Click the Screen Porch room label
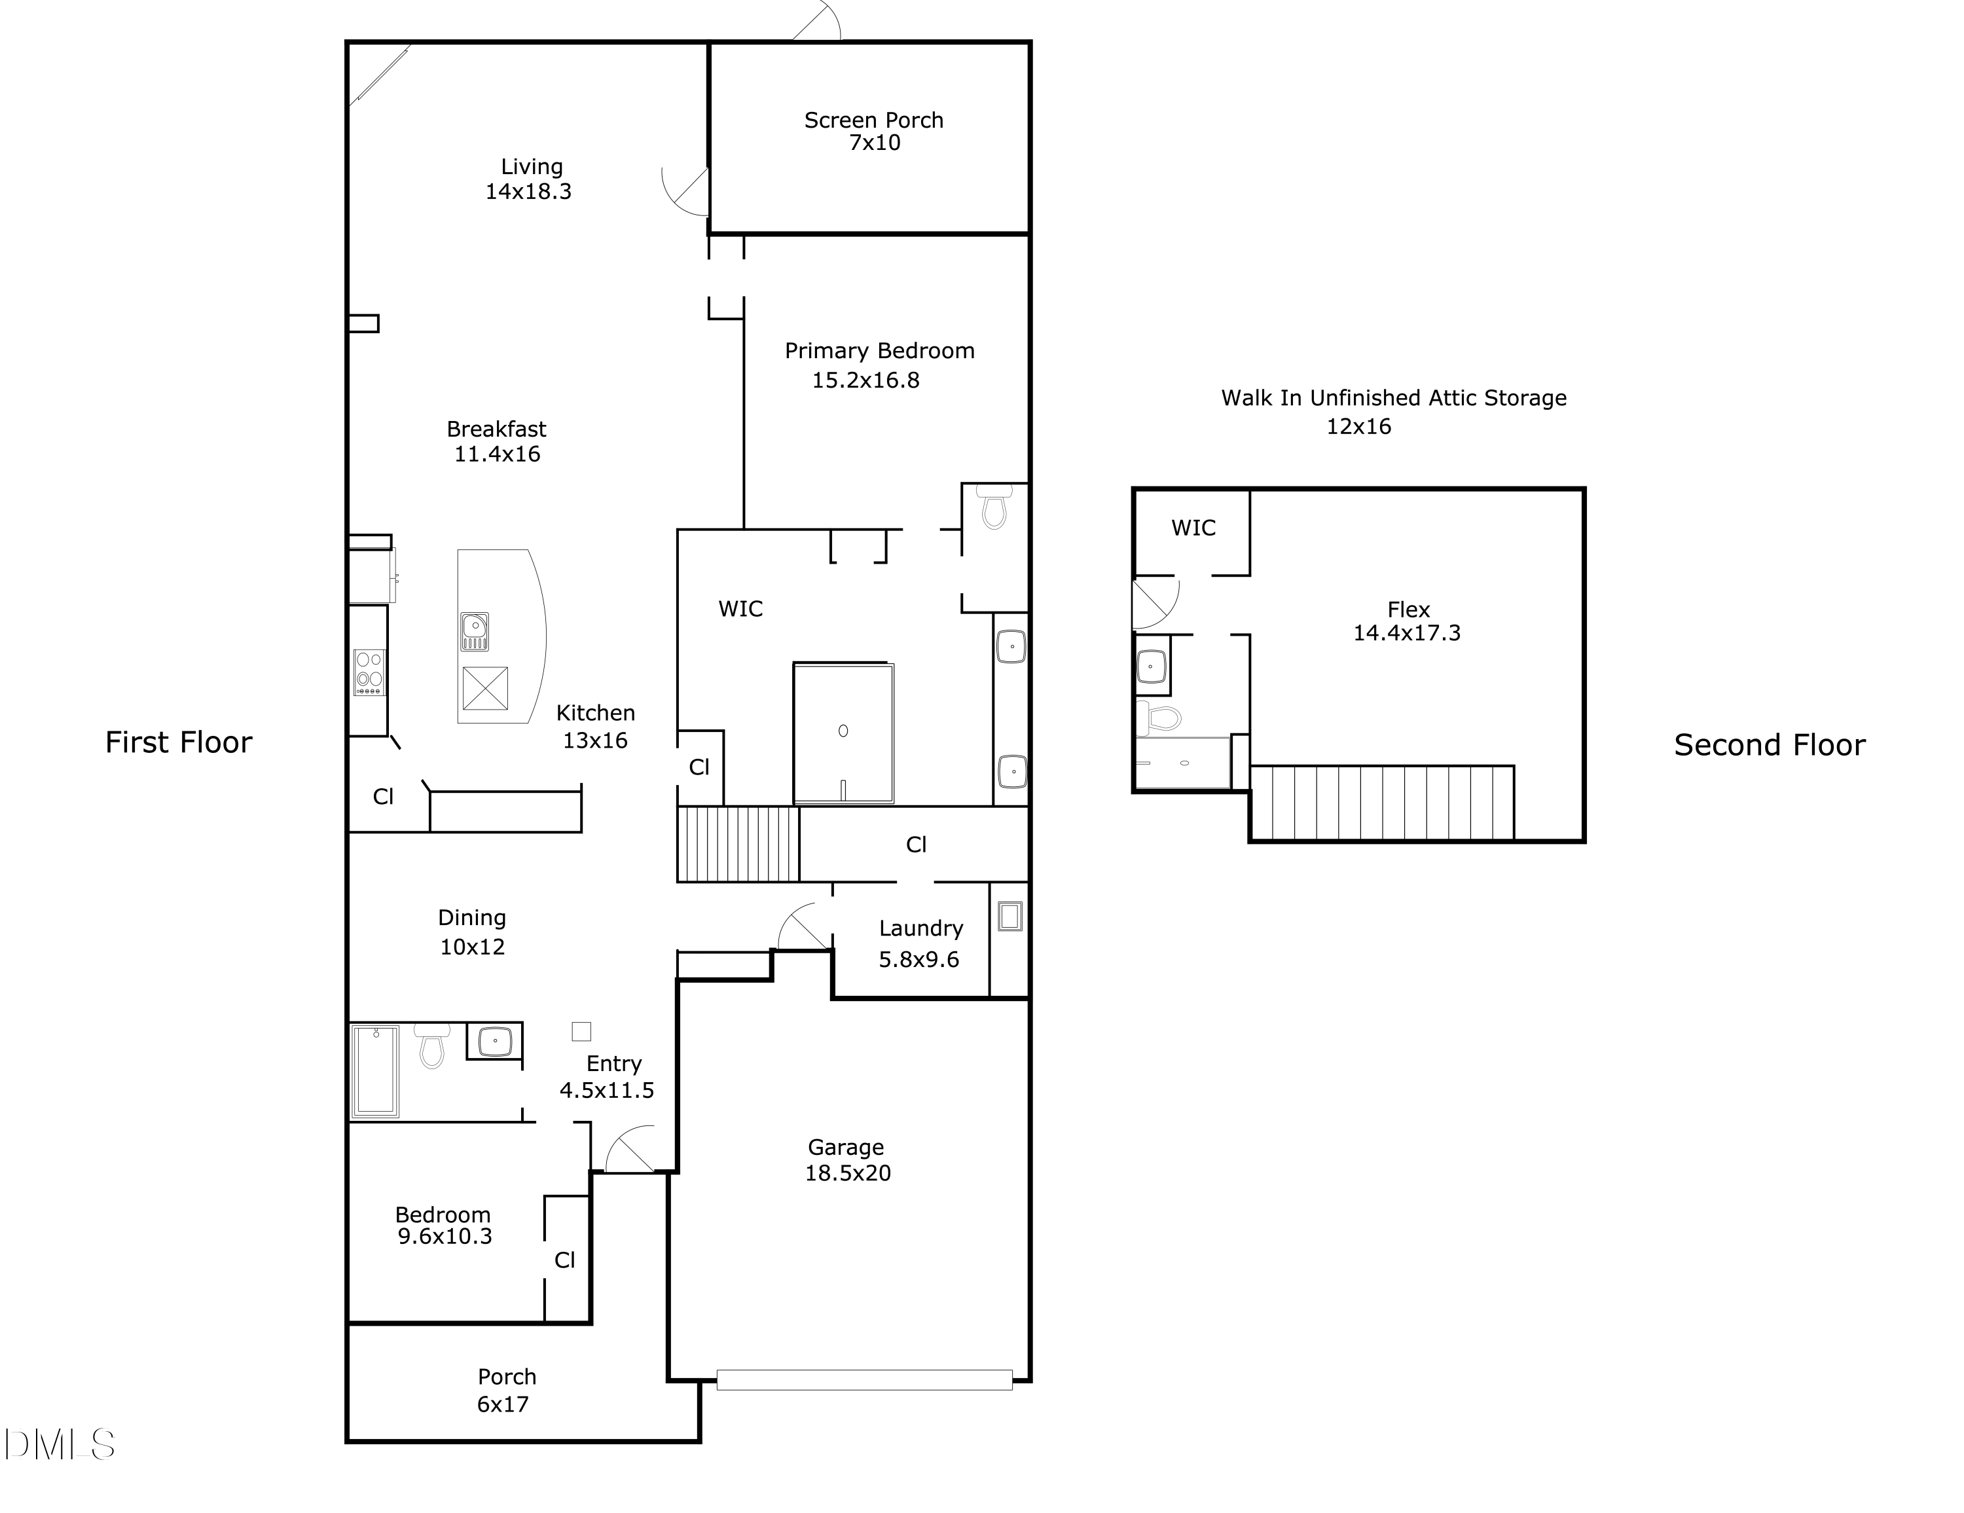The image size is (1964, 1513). (873, 120)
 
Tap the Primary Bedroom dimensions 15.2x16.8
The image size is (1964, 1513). (866, 380)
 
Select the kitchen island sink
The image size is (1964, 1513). (475, 630)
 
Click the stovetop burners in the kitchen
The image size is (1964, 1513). (369, 672)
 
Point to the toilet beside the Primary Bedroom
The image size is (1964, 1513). (994, 507)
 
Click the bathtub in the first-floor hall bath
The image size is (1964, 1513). (376, 1070)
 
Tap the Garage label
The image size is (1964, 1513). (845, 1147)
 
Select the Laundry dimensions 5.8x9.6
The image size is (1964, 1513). (919, 960)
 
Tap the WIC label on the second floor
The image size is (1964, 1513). (1193, 528)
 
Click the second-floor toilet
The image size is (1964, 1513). (1159, 718)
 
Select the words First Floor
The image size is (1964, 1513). (179, 742)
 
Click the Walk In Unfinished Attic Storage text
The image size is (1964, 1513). (1394, 397)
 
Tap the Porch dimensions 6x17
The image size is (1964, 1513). (503, 1404)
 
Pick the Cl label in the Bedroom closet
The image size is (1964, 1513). (565, 1260)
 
